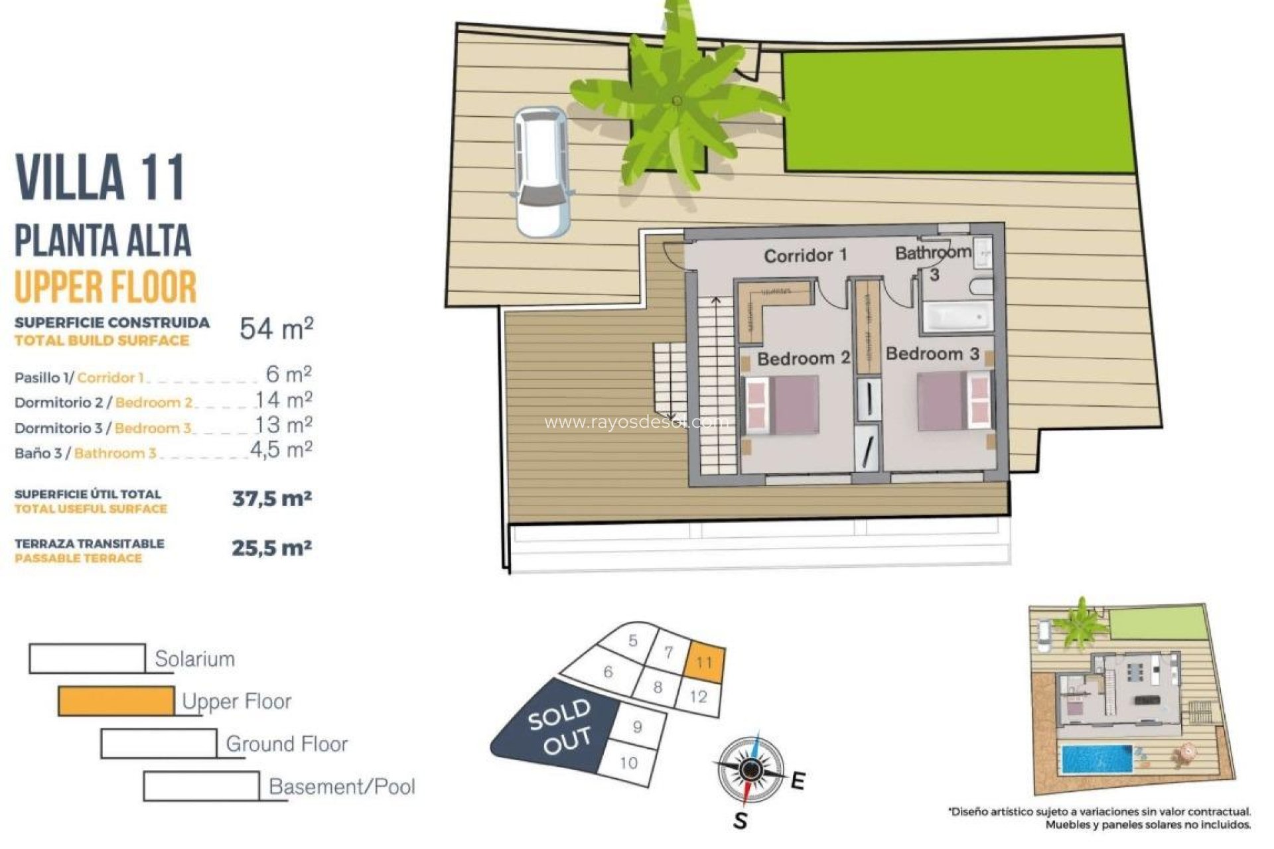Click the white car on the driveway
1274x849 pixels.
click(x=542, y=172)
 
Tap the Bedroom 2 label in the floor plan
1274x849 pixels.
click(x=803, y=359)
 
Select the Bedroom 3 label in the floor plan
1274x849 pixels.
click(x=932, y=354)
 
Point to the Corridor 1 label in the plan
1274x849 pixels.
click(x=805, y=255)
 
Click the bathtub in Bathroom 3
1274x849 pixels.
click(x=956, y=318)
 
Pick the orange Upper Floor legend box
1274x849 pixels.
click(x=116, y=701)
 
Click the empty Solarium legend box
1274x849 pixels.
click(x=87, y=658)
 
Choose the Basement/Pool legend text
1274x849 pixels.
click(x=342, y=787)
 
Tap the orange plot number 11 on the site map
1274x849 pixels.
click(x=705, y=662)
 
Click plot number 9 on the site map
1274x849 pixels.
click(x=637, y=727)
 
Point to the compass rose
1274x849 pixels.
click(x=750, y=769)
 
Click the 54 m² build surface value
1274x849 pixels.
click(x=276, y=328)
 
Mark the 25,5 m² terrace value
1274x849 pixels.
click(x=271, y=548)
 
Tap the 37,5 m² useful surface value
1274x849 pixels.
click(x=272, y=498)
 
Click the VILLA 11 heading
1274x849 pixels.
click(x=100, y=177)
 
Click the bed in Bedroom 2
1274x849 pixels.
click(x=782, y=405)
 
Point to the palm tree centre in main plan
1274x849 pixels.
click(x=677, y=101)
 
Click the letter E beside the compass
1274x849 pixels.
click(x=798, y=781)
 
